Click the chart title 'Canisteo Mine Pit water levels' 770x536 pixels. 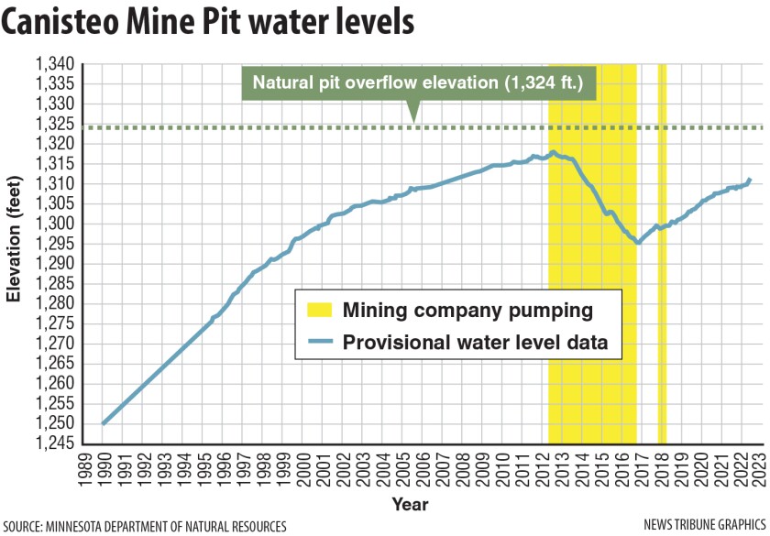pyautogui.click(x=207, y=25)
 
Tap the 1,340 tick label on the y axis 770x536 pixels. pyautogui.click(x=54, y=65)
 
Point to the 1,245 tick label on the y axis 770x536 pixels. pyautogui.click(x=54, y=443)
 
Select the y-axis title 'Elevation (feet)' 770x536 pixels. pyautogui.click(x=14, y=252)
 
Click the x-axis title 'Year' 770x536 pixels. pyautogui.click(x=410, y=504)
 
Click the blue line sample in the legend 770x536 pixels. pyautogui.click(x=317, y=343)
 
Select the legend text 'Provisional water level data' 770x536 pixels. pyautogui.click(x=476, y=343)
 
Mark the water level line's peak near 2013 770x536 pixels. pyautogui.click(x=553, y=152)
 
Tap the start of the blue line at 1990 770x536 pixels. pyautogui.click(x=103, y=424)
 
